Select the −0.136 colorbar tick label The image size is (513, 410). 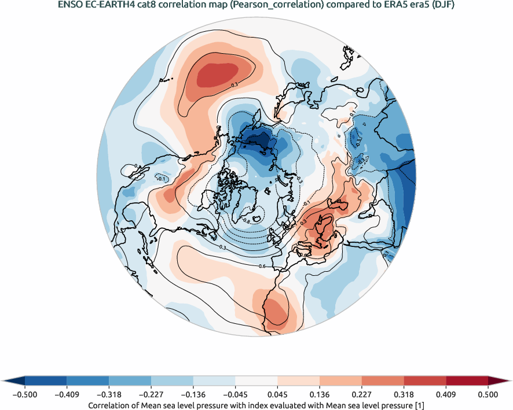[193, 394]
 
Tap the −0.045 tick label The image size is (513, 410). [235, 394]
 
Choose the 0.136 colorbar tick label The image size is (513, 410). [320, 394]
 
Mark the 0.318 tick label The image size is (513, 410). [404, 394]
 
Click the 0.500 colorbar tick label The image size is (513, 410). [488, 394]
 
